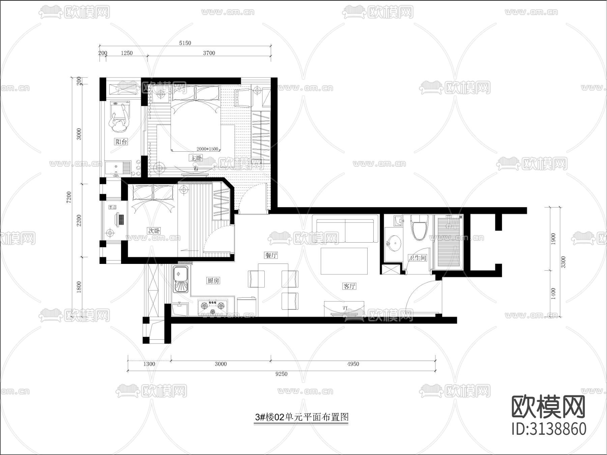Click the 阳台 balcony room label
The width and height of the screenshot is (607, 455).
point(121,142)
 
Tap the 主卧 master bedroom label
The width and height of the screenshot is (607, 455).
point(196,158)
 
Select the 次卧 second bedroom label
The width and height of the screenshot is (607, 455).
point(154,231)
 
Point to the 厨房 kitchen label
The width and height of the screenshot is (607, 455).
point(213,280)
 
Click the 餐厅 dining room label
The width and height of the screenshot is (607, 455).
point(271,255)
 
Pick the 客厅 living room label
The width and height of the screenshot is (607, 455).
point(349,286)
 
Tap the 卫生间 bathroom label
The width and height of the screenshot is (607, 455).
point(417,258)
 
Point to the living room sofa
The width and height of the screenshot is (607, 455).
point(345,231)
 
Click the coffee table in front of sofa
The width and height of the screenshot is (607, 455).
point(344,261)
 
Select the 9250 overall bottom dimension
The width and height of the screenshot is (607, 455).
point(281,374)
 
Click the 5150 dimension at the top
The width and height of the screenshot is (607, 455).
point(185,43)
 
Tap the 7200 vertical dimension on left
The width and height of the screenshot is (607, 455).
point(69,197)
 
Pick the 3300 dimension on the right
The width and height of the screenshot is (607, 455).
point(563,262)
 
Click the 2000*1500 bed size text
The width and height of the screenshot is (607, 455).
point(207,149)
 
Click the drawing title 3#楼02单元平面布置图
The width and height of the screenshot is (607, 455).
point(301,417)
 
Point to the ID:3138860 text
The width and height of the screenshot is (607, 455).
point(549,429)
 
